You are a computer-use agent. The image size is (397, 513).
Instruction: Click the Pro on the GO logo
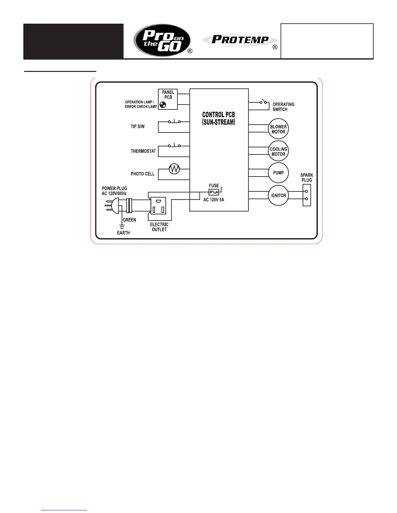pos(162,41)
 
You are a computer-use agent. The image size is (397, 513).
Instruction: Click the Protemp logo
pos(240,40)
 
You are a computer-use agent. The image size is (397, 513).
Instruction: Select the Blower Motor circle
pos(278,129)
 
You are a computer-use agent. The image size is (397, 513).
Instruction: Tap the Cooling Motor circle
pos(278,151)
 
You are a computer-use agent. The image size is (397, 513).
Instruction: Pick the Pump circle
pos(278,173)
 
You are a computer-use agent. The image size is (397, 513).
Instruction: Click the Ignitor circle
pos(278,195)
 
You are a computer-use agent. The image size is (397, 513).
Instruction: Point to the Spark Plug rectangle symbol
pos(307,195)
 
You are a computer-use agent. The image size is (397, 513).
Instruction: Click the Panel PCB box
pos(168,99)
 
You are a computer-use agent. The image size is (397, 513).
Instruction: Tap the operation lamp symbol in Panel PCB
pos(162,105)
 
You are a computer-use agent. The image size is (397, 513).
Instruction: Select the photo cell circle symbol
pos(174,169)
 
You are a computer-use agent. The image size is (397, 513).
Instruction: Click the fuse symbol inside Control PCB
pos(214,192)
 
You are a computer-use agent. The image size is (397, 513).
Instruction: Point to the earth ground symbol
pos(122,226)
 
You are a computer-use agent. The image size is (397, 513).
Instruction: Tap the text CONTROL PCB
pos(218,115)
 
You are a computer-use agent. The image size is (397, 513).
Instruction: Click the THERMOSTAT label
pos(143,151)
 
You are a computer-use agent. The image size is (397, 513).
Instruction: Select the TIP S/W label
pos(138,127)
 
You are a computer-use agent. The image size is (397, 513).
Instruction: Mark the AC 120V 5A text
pos(213,200)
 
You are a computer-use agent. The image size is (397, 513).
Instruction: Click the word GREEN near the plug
pos(129,220)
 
